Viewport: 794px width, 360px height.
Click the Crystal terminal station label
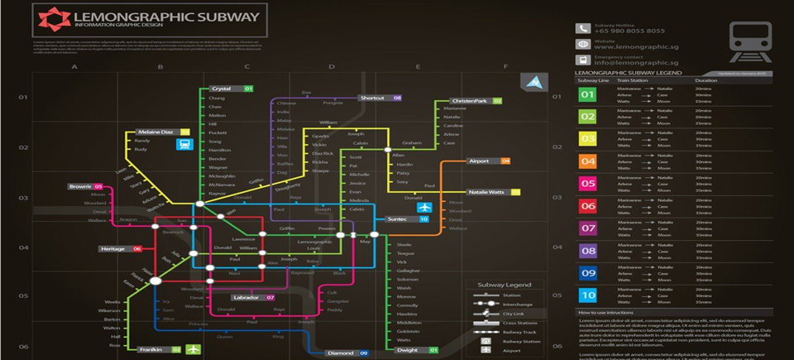pos(231,89)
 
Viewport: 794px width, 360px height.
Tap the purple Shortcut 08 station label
pos(380,98)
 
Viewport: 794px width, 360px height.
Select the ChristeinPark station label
pos(476,101)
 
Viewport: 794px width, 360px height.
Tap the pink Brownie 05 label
pos(86,186)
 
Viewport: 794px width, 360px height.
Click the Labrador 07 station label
pos(252,297)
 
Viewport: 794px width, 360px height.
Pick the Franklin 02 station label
pos(160,349)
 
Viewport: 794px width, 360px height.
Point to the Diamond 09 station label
pos(347,353)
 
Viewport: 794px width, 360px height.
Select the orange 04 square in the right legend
pos(587,161)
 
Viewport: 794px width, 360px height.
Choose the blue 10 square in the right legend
pos(587,295)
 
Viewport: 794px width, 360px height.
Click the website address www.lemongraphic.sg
pos(626,47)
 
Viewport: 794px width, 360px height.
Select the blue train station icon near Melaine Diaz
pos(184,144)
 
